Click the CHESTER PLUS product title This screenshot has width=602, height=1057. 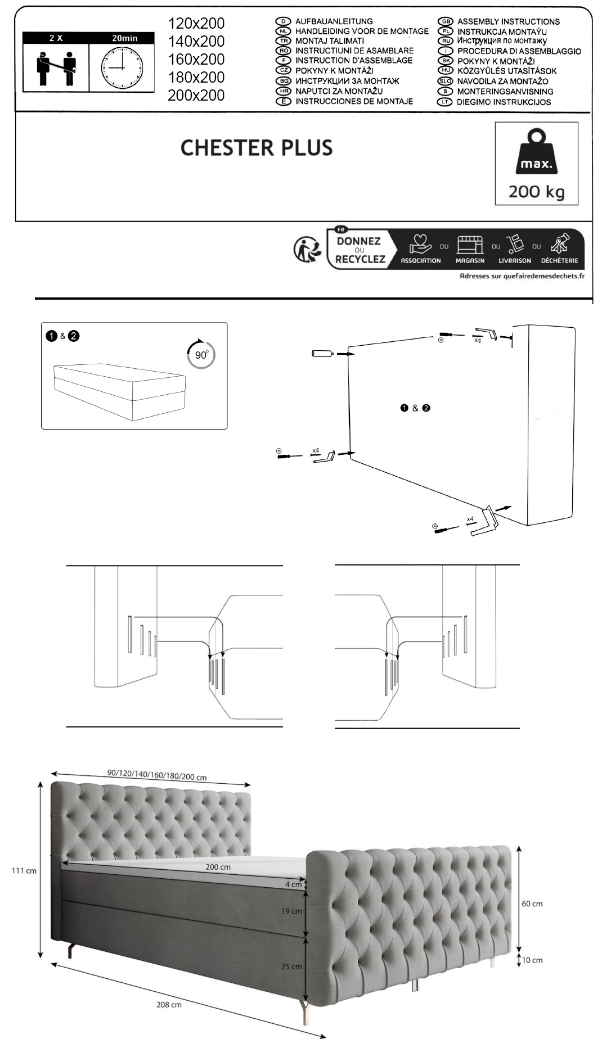tap(257, 148)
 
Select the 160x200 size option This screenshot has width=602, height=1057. tap(196, 59)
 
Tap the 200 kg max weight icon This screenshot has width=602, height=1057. tap(536, 164)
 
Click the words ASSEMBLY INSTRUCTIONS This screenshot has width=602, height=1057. tap(508, 21)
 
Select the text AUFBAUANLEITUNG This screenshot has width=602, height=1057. tap(334, 21)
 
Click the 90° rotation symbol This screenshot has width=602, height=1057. tap(201, 354)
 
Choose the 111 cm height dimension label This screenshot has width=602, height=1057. tap(24, 871)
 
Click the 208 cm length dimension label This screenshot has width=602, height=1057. tap(169, 1005)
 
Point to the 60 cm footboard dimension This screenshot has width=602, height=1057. tap(532, 904)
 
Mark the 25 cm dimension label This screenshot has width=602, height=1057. tap(291, 966)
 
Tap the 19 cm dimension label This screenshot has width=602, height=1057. tap(291, 911)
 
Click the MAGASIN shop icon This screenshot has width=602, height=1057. tap(470, 249)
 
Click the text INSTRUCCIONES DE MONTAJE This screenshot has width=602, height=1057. tap(354, 101)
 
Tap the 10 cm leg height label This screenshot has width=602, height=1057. tap(532, 960)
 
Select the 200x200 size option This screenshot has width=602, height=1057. tap(196, 95)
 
